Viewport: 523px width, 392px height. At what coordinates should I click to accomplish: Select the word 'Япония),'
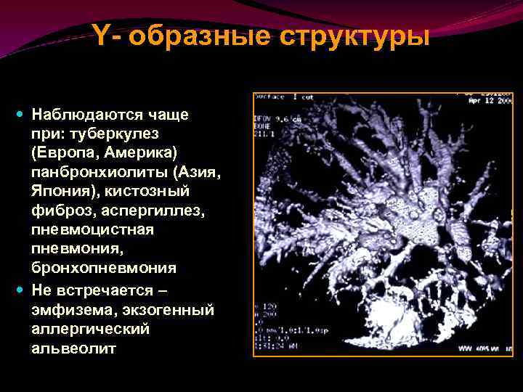[64, 192]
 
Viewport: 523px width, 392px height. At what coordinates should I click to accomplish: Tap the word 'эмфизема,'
[70, 310]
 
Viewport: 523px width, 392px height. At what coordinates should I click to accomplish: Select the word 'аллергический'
[90, 329]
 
